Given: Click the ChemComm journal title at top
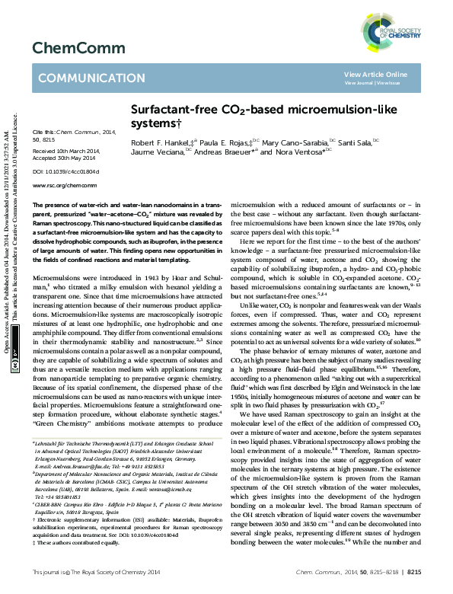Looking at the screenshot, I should click(68, 49).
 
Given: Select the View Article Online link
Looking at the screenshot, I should click(376, 74).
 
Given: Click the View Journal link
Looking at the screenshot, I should click(361, 82).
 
